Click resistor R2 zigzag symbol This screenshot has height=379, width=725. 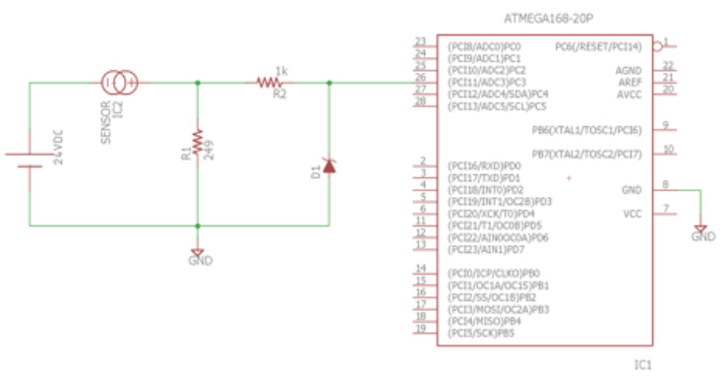pos(269,84)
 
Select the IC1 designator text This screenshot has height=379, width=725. pos(643,364)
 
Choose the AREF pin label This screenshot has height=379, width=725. pos(629,82)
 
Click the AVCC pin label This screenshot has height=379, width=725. pos(629,94)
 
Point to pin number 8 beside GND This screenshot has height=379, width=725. pos(666,184)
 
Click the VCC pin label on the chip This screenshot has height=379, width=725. pos(633,213)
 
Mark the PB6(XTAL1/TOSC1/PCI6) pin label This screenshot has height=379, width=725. pos(587,129)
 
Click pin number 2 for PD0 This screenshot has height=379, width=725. pos(421,160)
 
